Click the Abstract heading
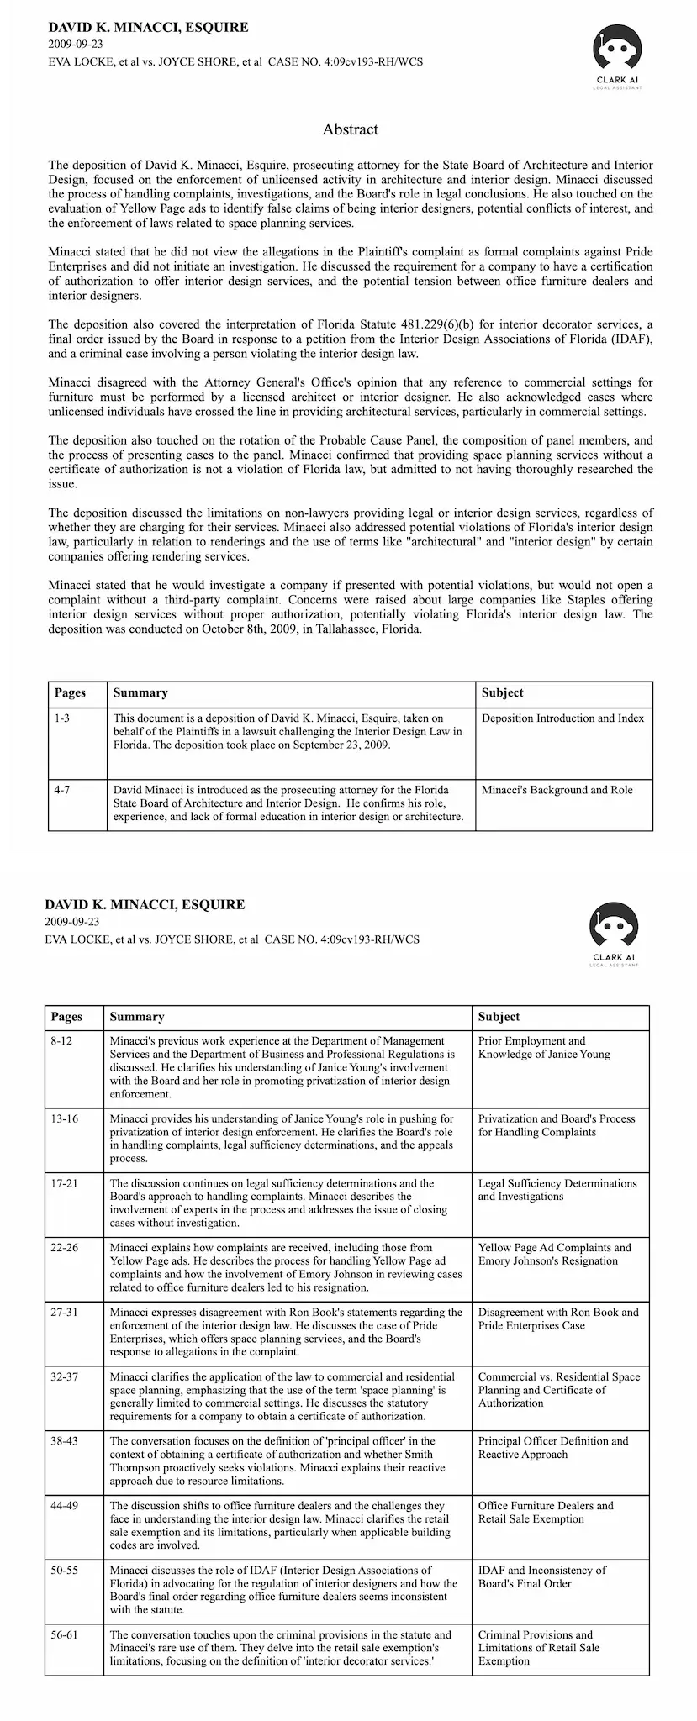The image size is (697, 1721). click(x=350, y=129)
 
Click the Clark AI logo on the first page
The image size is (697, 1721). click(x=617, y=54)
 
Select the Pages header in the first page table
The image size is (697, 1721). click(x=70, y=693)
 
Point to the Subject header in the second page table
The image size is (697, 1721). click(x=499, y=1017)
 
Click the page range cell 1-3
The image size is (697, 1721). click(x=63, y=718)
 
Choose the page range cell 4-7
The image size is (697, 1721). click(x=63, y=790)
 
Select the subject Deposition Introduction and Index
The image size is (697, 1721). click(x=562, y=718)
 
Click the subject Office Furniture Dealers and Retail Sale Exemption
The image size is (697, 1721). click(x=546, y=1512)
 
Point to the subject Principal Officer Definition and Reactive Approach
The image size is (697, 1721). click(x=552, y=1447)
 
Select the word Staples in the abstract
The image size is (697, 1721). click(x=607, y=599)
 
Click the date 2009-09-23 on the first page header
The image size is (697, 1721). click(x=76, y=45)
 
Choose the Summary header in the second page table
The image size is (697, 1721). click(x=137, y=1017)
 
